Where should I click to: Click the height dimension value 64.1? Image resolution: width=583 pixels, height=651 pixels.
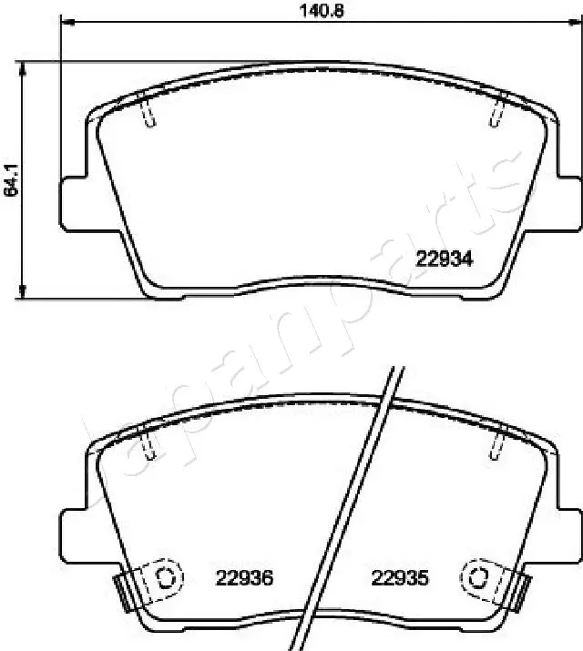click(11, 180)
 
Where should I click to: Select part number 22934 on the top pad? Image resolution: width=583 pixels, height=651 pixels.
click(444, 259)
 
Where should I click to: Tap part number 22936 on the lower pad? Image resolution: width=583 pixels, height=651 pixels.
click(245, 577)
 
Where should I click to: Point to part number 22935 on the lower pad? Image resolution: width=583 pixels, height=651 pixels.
click(400, 577)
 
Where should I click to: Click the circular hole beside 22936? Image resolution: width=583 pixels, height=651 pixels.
click(166, 576)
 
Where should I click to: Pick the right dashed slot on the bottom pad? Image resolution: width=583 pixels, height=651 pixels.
click(496, 442)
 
